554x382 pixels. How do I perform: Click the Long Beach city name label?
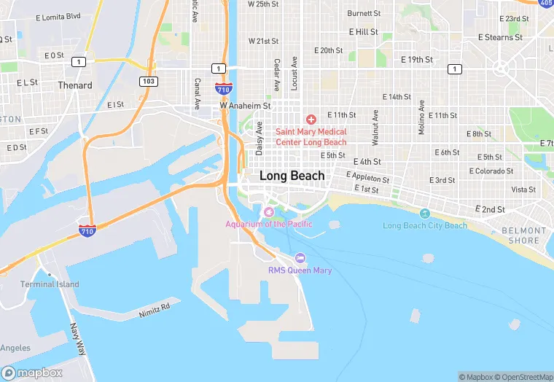tap(292, 176)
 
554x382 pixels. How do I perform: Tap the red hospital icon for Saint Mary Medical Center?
tap(311, 119)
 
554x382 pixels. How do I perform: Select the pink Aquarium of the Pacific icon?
tap(268, 211)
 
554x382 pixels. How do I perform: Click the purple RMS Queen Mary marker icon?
tap(300, 258)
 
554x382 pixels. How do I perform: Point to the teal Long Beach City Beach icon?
tap(425, 213)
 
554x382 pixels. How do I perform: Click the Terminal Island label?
tap(50, 284)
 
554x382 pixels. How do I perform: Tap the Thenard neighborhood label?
tap(75, 85)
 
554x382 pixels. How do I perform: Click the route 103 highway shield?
tap(149, 81)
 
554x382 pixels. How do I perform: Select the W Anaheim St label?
tap(245, 106)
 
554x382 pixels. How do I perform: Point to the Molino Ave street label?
tap(421, 116)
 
